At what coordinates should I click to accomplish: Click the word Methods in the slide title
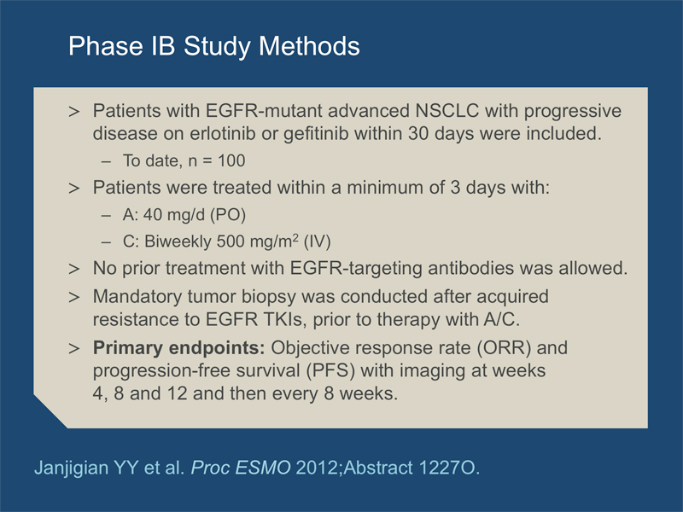click(x=309, y=45)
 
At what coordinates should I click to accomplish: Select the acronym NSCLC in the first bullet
click(x=447, y=111)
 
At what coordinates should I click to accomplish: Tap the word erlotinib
click(x=223, y=133)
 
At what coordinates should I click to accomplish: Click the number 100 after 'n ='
click(x=231, y=160)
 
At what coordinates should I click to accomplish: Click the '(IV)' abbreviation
click(x=317, y=241)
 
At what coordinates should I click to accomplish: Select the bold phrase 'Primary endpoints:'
click(x=179, y=348)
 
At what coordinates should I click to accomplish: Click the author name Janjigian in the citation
click(x=72, y=468)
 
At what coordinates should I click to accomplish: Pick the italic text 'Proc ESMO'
click(x=241, y=468)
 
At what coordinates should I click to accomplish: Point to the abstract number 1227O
click(x=449, y=468)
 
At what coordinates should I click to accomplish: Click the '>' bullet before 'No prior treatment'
click(x=74, y=269)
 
